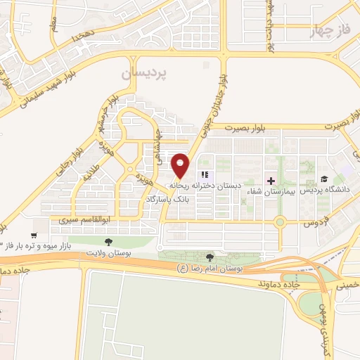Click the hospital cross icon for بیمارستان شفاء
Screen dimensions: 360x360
[x=271, y=180]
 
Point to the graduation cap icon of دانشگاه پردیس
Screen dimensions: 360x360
[x=324, y=179]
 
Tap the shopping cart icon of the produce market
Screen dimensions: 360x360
[x=34, y=236]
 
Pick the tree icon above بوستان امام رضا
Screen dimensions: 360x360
[x=210, y=258]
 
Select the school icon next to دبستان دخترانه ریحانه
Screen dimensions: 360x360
[x=205, y=174]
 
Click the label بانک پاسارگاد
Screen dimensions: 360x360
[x=169, y=200]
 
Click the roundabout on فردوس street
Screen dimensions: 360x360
[x=281, y=224]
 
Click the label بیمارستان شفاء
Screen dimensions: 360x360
[x=271, y=191]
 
